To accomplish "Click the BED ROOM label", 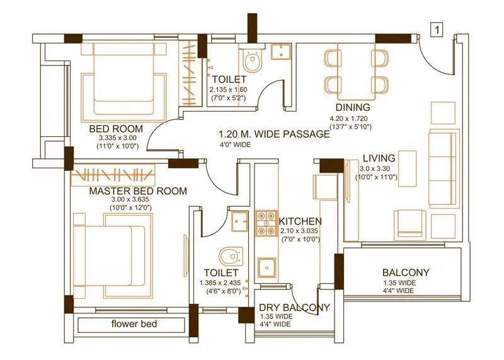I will pyautogui.click(x=117, y=129).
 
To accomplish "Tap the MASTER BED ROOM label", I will pyautogui.click(x=129, y=190).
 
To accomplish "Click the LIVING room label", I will pyautogui.click(x=379, y=158).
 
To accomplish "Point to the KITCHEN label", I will pyautogui.click(x=301, y=221).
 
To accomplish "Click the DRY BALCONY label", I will pyautogui.click(x=294, y=307).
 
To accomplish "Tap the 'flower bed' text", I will pyautogui.click(x=134, y=324).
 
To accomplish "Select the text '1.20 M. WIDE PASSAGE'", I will pyautogui.click(x=274, y=134).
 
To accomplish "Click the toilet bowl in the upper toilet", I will pyautogui.click(x=251, y=62).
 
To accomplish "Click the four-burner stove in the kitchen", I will pyautogui.click(x=266, y=224).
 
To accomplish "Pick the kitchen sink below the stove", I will pyautogui.click(x=267, y=267).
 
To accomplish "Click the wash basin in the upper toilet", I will pyautogui.click(x=279, y=52).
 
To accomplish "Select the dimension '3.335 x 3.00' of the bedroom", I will pyautogui.click(x=117, y=138).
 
